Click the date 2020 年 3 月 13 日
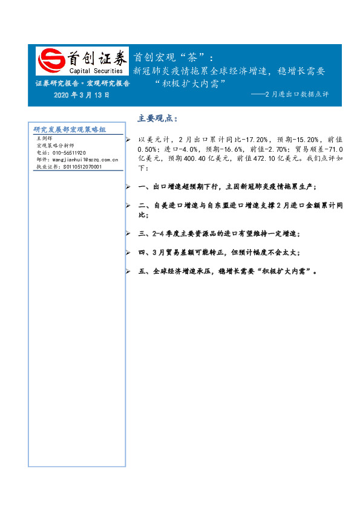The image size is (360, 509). point(82,95)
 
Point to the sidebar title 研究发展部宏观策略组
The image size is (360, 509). point(70,129)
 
